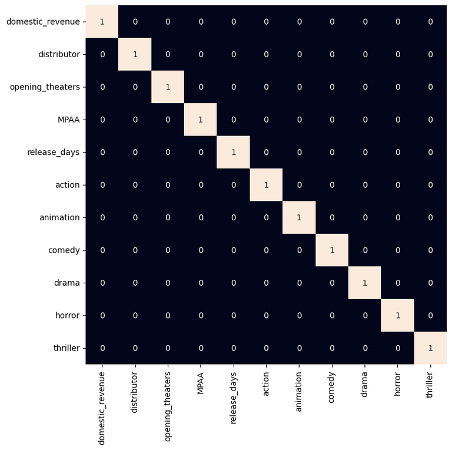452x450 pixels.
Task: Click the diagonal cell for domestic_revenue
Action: [x=102, y=22]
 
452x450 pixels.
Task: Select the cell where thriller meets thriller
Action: [x=430, y=348]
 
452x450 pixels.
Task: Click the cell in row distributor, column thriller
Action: [x=430, y=54]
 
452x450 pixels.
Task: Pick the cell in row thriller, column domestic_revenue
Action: [x=102, y=348]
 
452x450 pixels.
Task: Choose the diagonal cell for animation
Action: [x=299, y=217]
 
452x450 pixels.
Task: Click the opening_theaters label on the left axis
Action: [x=45, y=87]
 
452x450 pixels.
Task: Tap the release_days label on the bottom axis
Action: [x=234, y=399]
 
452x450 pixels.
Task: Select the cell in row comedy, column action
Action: [x=266, y=250]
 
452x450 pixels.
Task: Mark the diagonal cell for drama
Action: [x=364, y=283]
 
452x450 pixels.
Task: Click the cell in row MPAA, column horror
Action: [x=398, y=120]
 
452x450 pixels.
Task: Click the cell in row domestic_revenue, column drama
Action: [x=364, y=22]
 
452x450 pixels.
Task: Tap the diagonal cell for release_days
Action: [x=234, y=153]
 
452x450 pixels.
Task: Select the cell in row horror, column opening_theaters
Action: [x=168, y=316]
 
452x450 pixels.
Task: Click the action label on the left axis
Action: [x=67, y=185]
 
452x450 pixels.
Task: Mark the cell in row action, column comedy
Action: [x=332, y=185]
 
